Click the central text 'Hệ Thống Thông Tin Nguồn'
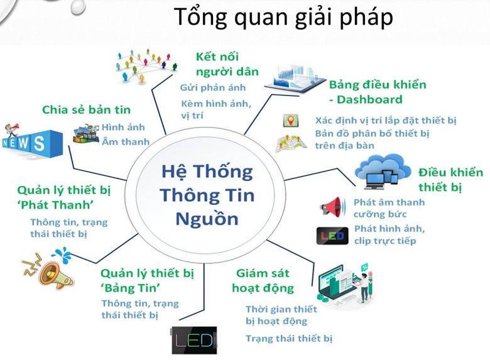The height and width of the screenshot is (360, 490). point(207,195)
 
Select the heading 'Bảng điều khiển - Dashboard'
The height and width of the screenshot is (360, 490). point(377,92)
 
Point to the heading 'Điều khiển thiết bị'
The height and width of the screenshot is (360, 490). point(450,180)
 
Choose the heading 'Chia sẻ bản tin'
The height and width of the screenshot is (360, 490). point(87,109)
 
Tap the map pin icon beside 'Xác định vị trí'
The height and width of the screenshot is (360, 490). point(290,121)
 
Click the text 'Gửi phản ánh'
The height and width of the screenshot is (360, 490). point(213,88)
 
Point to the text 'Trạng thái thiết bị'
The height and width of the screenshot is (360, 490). point(288,339)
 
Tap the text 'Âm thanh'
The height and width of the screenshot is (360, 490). point(126,142)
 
